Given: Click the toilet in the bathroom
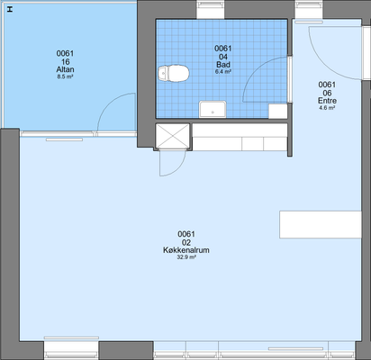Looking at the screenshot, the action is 174,74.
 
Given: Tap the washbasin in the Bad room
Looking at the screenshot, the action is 213,109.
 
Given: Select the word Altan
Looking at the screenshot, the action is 65,69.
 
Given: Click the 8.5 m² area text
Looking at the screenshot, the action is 65,76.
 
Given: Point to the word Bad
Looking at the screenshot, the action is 223,65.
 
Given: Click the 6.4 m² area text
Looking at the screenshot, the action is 223,72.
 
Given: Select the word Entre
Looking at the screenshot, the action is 327,101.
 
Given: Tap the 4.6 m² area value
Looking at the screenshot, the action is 327,108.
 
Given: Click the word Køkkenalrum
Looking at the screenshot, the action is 186,250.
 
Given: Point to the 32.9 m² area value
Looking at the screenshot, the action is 186,257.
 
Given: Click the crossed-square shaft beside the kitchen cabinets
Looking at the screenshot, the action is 173,136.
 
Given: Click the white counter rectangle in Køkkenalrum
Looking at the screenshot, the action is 321,224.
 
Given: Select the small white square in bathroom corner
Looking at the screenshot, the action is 278,111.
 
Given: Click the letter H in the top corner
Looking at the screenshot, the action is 10,10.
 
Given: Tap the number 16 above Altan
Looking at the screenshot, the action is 65,62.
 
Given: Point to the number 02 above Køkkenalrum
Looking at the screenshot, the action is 186,242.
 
